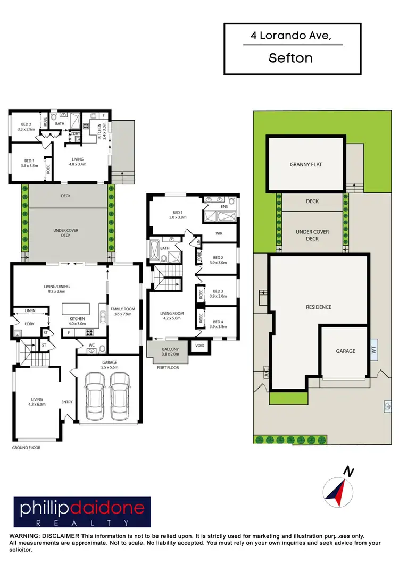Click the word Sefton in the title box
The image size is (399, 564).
(290, 58)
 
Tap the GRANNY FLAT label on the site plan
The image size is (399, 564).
(306, 165)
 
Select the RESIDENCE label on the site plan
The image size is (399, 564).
(319, 307)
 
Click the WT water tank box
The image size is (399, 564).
(373, 351)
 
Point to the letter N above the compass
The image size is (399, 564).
(348, 472)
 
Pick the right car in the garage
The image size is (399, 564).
(121, 395)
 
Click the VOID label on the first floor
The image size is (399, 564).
(199, 346)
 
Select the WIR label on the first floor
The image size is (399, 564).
(219, 233)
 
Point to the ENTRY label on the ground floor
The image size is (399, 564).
(67, 402)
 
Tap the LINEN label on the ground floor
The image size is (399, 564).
(22, 312)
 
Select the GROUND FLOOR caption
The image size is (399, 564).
(26, 448)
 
